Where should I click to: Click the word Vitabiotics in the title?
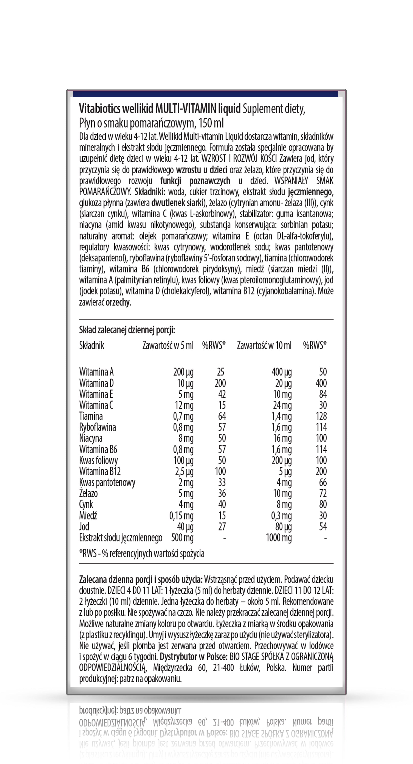coord(100,109)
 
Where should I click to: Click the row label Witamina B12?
coord(100,471)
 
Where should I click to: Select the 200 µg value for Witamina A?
coord(183,372)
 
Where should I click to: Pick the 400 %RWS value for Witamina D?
coord(321,383)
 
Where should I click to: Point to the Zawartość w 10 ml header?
coord(264,345)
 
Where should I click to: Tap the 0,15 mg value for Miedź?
coord(182,516)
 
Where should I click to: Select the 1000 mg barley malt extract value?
coord(279,538)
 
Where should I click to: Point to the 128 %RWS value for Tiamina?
coord(321,416)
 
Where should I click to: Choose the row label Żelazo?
coord(88,494)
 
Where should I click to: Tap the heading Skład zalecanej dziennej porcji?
coord(127,330)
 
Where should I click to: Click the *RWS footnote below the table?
coord(142,553)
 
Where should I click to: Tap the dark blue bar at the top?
coord(206,94)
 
